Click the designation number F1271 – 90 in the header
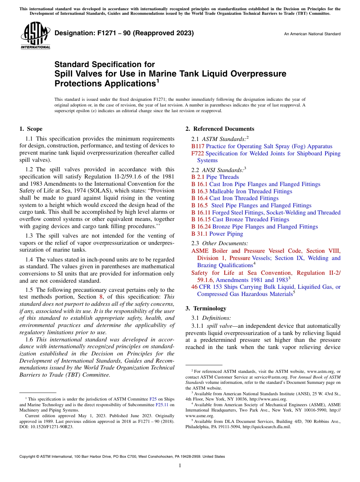coord(124,33)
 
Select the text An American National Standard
coord(312,34)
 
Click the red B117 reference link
coord(198,146)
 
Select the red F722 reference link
coord(197,153)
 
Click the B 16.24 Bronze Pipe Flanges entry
coord(255,227)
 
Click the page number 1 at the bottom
coord(180,466)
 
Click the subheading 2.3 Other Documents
coord(220,243)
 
